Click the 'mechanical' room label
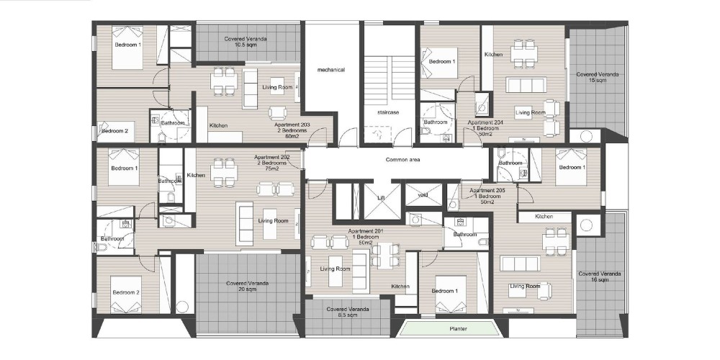(x=330, y=70)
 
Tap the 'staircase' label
(x=388, y=112)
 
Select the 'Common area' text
(x=402, y=160)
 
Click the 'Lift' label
(x=381, y=198)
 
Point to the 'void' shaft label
(x=423, y=195)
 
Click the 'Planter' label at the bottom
(x=458, y=329)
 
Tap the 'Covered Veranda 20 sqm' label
(x=248, y=287)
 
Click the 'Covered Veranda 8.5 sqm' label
(x=348, y=312)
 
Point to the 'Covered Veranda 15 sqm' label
(x=598, y=77)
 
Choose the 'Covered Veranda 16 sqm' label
(x=600, y=277)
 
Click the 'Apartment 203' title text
(x=292, y=125)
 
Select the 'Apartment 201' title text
(x=366, y=231)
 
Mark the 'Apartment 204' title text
(x=485, y=122)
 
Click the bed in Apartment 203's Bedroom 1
(x=127, y=48)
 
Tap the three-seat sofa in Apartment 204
(x=526, y=85)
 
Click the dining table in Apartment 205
(x=556, y=241)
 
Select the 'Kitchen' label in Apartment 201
(x=400, y=287)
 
